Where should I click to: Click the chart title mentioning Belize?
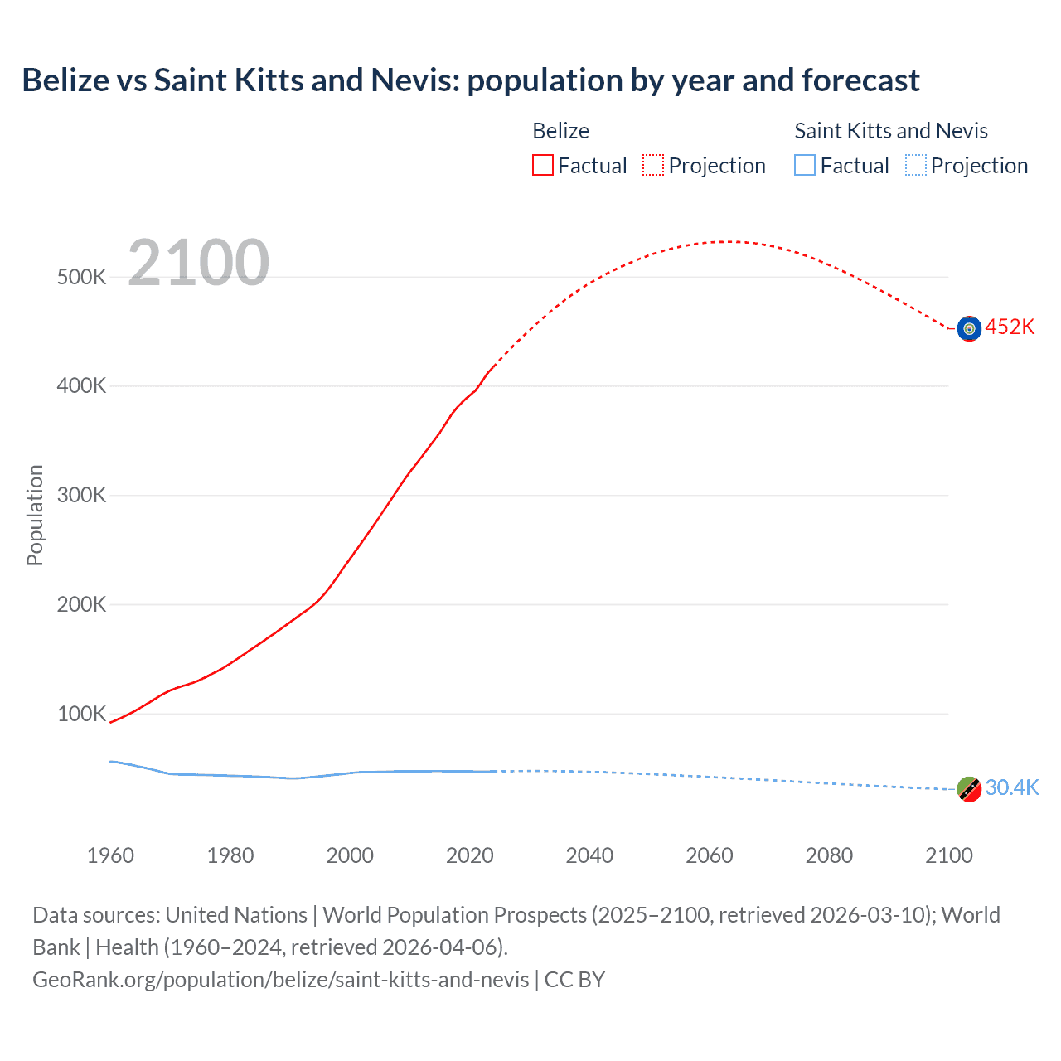[470, 80]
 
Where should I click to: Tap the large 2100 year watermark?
[198, 263]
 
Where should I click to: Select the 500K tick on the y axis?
[81, 277]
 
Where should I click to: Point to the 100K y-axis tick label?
[81, 714]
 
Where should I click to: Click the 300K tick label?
[81, 496]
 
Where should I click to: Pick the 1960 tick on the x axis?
[110, 855]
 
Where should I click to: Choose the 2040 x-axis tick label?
[589, 855]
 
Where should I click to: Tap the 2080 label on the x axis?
[829, 855]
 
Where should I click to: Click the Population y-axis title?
[35, 515]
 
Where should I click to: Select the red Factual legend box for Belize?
[543, 165]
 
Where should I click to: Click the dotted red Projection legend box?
[653, 165]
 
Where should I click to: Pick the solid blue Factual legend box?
[805, 165]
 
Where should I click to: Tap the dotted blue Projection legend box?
[916, 165]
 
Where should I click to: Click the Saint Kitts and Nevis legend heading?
[891, 131]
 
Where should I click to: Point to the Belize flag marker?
[969, 328]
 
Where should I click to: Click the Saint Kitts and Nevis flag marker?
[969, 789]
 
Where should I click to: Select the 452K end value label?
[1010, 327]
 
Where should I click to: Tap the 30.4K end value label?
[1011, 787]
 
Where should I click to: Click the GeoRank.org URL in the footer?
[280, 980]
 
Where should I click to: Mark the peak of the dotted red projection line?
[728, 241]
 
